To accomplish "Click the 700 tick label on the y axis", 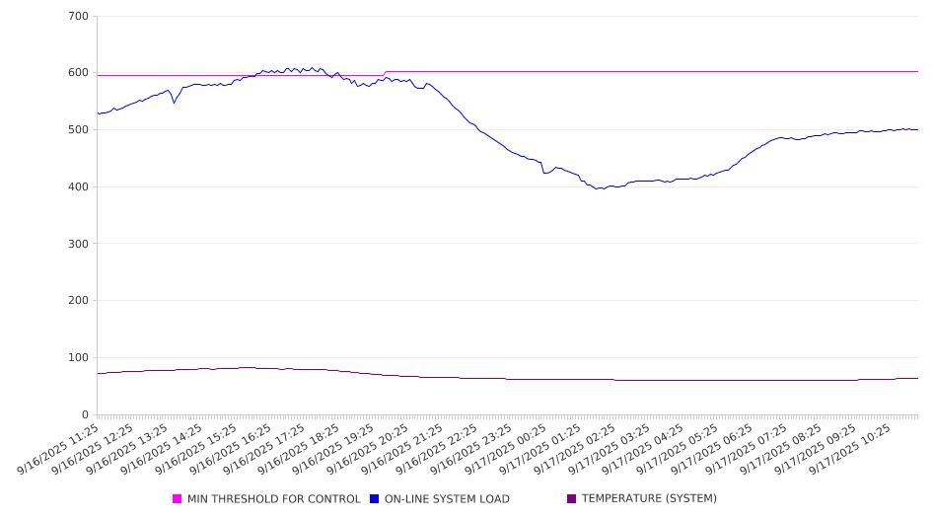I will click(78, 17).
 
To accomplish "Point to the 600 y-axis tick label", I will click(78, 73).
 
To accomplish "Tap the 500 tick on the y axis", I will click(78, 130).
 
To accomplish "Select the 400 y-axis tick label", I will click(78, 187).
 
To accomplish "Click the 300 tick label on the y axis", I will click(78, 244).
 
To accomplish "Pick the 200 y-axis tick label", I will click(78, 301).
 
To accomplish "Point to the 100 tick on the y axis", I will click(78, 358).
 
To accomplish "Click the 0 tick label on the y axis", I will click(85, 415).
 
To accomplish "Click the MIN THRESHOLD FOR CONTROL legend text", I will click(273, 499).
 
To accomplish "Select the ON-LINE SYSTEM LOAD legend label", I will click(447, 499).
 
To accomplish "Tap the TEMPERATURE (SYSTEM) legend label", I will click(649, 499).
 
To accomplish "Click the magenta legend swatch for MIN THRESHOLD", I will click(178, 499).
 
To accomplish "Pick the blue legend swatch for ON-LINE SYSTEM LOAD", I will click(375, 499).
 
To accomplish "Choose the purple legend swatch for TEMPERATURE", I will click(572, 499).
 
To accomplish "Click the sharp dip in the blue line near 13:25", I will click(175, 103).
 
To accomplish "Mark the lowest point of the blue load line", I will click(598, 188).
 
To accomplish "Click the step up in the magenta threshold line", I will click(385, 73).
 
